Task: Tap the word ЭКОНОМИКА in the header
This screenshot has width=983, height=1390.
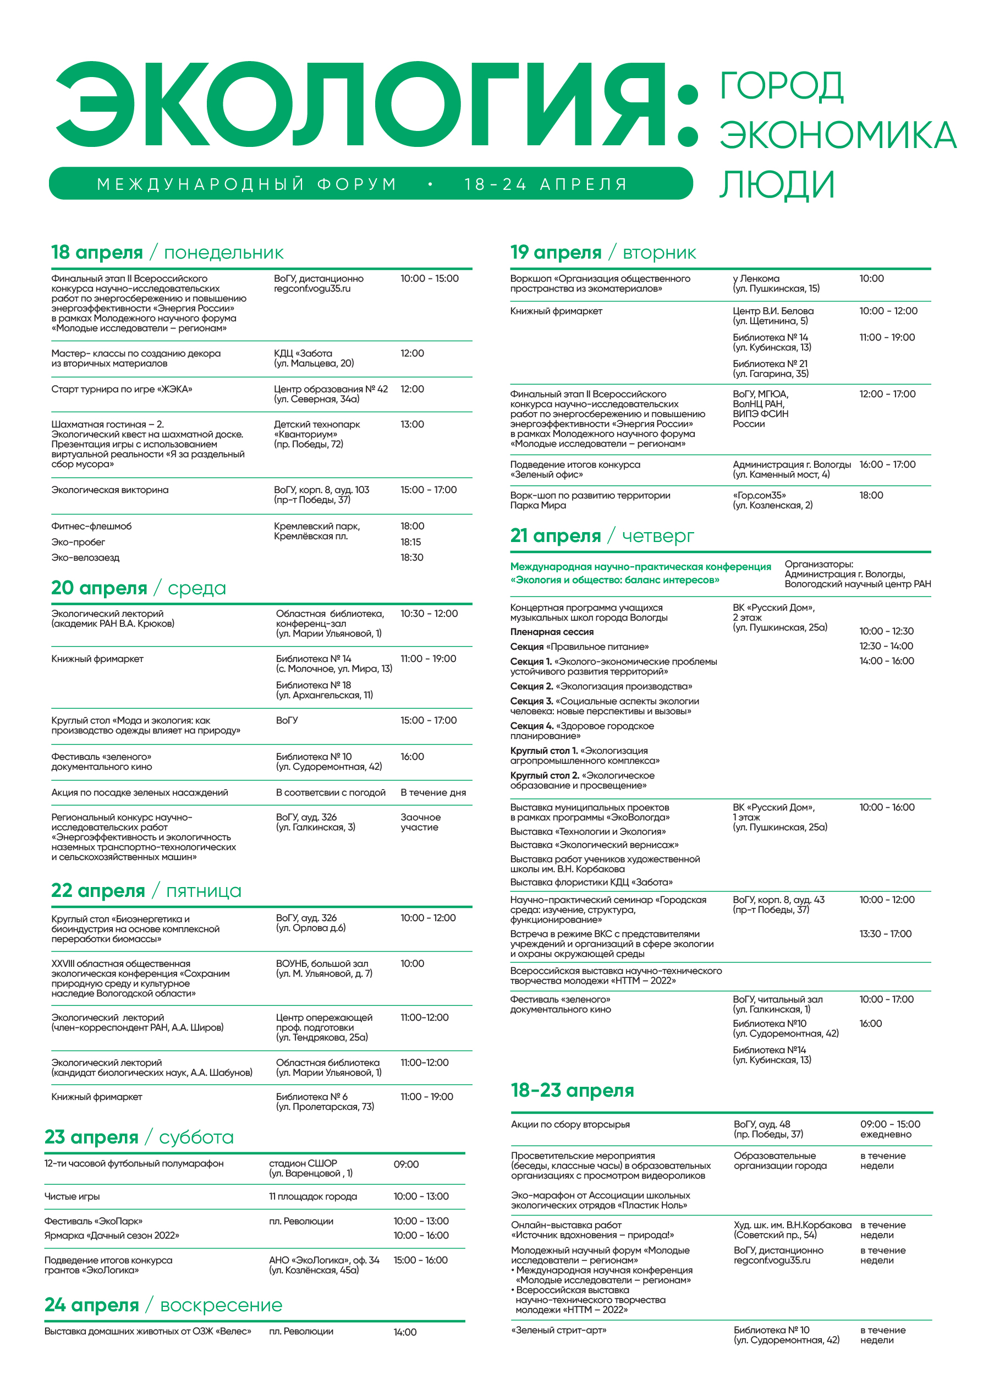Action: pos(838,135)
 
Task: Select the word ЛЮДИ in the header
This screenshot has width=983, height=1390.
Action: pos(777,185)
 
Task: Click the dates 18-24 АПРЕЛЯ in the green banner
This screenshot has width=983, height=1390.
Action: pos(546,184)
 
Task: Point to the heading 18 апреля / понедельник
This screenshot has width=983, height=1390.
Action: pos(167,253)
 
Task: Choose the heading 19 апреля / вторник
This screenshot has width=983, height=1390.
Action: pos(603,253)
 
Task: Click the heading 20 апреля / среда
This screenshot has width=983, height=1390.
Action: pos(138,588)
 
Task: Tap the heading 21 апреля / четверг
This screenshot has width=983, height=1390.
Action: pos(602,536)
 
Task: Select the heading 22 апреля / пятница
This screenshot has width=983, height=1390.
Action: pos(146,890)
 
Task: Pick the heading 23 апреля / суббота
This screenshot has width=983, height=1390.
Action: pos(139,1137)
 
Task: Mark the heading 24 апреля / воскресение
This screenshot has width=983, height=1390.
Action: pos(163,1305)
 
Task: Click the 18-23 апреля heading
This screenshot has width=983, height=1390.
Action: pos(572,1090)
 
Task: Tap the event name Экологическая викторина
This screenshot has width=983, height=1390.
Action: pos(109,490)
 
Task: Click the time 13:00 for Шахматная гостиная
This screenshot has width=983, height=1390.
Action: pos(412,424)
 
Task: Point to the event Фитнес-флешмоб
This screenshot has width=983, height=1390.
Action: pos(91,526)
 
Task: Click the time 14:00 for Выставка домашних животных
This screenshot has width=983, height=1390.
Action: pos(405,1332)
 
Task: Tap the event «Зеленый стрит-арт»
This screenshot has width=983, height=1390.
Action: pos(558,1330)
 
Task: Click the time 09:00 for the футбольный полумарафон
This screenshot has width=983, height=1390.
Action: pos(406,1164)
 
